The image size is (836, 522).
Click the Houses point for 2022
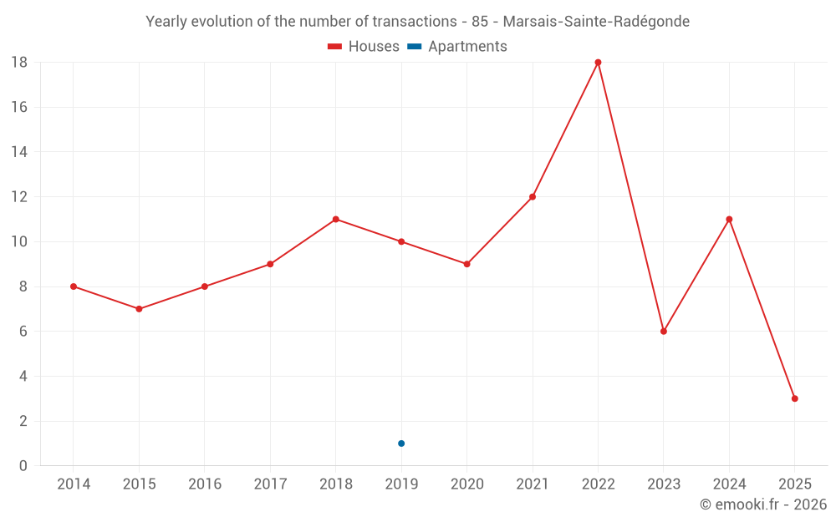(598, 63)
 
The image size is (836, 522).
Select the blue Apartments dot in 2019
(401, 443)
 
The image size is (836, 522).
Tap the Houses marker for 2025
(794, 398)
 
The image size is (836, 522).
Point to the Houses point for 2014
(74, 286)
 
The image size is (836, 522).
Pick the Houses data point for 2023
(664, 332)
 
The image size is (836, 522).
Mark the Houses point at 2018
(335, 220)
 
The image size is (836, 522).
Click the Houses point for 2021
(533, 197)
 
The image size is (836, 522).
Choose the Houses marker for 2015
(139, 309)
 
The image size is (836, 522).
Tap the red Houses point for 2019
(401, 242)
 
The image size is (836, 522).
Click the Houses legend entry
(364, 47)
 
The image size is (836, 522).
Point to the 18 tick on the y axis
(19, 63)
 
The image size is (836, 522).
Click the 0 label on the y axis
(23, 466)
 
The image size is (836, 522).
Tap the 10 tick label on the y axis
(19, 242)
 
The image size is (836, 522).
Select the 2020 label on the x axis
(466, 484)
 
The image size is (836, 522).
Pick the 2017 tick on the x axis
(270, 484)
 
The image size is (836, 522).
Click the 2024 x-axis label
(729, 484)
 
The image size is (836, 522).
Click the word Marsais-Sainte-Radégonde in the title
(596, 22)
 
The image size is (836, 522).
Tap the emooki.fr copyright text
(763, 504)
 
